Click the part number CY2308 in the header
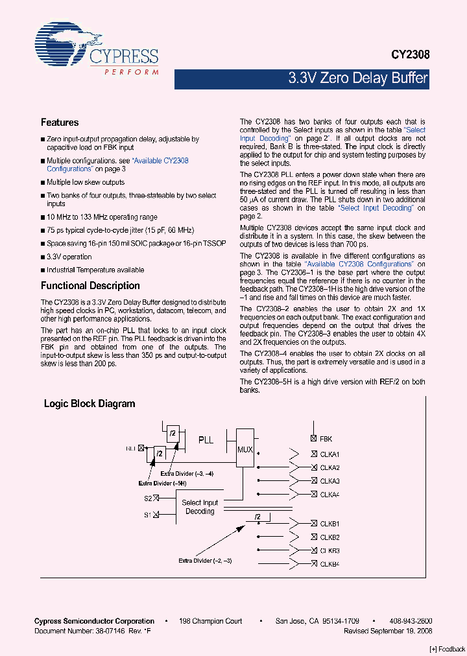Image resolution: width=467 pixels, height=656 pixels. pyautogui.click(x=409, y=56)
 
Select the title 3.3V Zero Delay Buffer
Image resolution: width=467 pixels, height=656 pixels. pyautogui.click(x=357, y=78)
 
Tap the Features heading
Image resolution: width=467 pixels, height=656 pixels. pyautogui.click(x=60, y=123)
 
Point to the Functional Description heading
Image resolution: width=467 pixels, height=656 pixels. pyautogui.click(x=90, y=286)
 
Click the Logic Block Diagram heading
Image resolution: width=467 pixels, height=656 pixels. pyautogui.click(x=90, y=404)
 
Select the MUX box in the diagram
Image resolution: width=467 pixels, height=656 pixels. pyautogui.click(x=245, y=448)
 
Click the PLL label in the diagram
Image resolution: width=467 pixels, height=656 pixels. pyautogui.click(x=206, y=439)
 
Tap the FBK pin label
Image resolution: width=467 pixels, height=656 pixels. pyautogui.click(x=326, y=439)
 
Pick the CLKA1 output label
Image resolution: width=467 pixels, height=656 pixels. pyautogui.click(x=329, y=454)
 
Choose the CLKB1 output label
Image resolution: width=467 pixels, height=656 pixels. pyautogui.click(x=329, y=524)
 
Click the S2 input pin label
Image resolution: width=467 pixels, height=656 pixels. pyautogui.click(x=148, y=498)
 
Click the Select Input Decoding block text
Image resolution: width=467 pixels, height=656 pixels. pyautogui.click(x=200, y=507)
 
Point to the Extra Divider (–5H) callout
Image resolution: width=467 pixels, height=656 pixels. pyautogui.click(x=163, y=484)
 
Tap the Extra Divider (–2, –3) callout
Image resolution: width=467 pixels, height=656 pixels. pyautogui.click(x=206, y=560)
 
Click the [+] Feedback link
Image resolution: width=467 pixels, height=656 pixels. pyautogui.click(x=447, y=649)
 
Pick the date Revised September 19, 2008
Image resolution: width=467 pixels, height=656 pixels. pyautogui.click(x=388, y=631)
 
